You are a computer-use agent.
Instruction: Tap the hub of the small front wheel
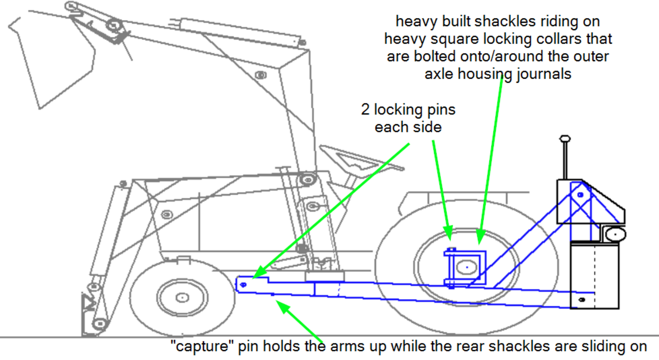coord(182,297)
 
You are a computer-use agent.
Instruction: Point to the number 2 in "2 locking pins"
coord(365,110)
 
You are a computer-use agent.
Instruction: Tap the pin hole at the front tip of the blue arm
coord(244,284)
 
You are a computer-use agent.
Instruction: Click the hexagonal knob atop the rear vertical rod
coord(565,139)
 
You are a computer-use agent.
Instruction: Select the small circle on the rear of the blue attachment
coord(613,234)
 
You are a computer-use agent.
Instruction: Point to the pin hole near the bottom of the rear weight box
coord(582,299)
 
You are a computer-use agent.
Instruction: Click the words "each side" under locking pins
coord(408,127)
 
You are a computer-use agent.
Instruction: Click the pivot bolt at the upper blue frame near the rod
coord(581,195)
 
